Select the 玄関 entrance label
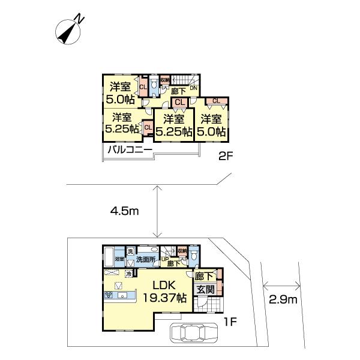click(x=205, y=290)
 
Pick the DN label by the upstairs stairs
click(x=193, y=88)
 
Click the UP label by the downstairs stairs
click(x=164, y=259)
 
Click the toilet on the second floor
click(x=154, y=88)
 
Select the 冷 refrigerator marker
click(x=128, y=272)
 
